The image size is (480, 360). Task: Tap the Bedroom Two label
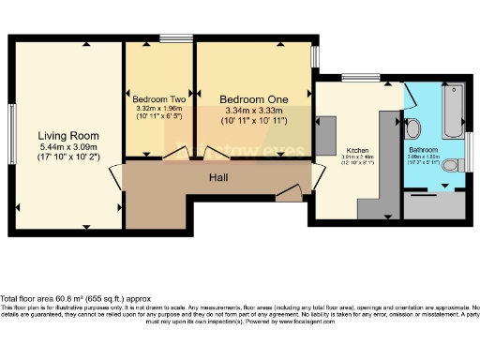click(x=158, y=98)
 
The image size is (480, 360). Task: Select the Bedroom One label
click(x=253, y=98)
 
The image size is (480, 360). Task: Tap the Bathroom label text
click(x=423, y=149)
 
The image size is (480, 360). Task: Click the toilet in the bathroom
click(x=451, y=166)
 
